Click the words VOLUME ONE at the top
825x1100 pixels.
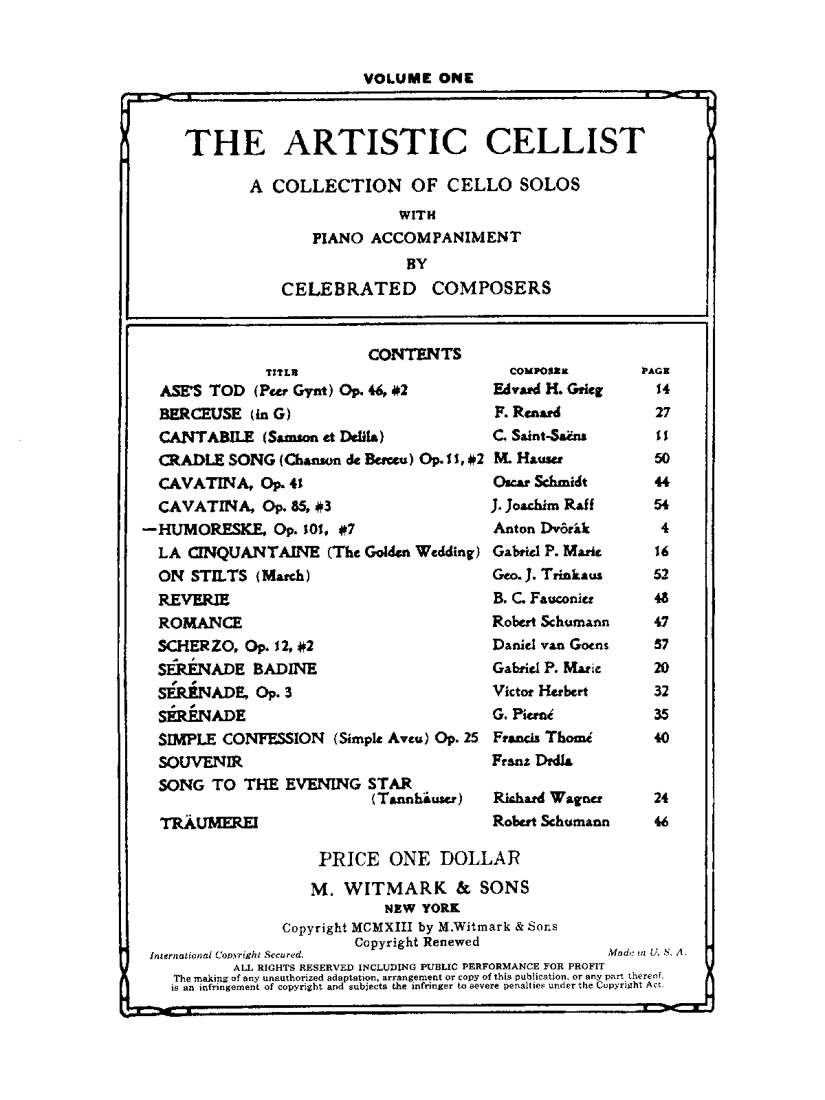click(418, 78)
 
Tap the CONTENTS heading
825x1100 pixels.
click(415, 355)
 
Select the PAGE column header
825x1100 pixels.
click(655, 371)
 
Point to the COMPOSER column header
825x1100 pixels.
click(538, 371)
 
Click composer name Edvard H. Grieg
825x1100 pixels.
click(547, 390)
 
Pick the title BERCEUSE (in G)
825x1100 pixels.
click(225, 414)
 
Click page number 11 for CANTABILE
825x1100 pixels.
click(662, 436)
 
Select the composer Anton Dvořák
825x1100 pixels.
click(541, 529)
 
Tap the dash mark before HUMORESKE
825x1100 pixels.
click(148, 529)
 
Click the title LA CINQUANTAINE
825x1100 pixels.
click(239, 552)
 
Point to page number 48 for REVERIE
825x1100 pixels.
click(661, 598)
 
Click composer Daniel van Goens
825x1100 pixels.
click(550, 645)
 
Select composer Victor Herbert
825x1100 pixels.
click(540, 691)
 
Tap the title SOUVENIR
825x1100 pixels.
click(200, 762)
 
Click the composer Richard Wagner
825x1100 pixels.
click(547, 798)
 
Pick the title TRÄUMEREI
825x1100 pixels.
click(208, 822)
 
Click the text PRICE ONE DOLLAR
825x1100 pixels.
click(419, 859)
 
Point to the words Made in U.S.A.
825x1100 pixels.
click(647, 952)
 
